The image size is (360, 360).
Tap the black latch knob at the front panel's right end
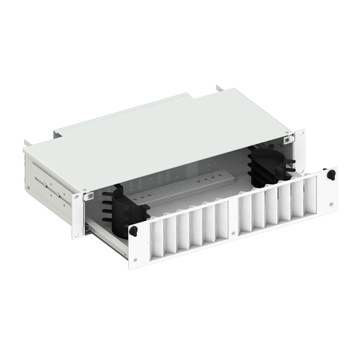pyautogui.click(x=331, y=175)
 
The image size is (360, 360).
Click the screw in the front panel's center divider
pyautogui.click(x=233, y=218)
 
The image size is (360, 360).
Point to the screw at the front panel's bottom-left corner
pyautogui.click(x=135, y=260)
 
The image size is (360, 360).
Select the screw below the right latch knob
pyautogui.click(x=331, y=204)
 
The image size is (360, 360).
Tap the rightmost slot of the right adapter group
pyautogui.click(x=310, y=195)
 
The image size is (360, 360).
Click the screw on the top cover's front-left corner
pyautogui.click(x=85, y=189)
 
